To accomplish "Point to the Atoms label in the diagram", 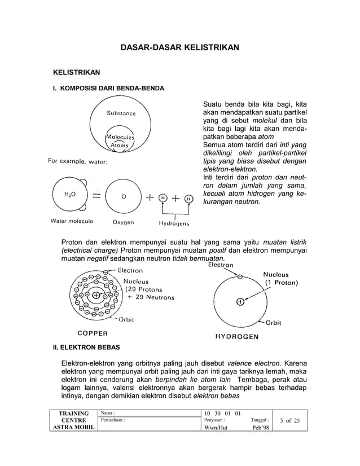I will [x=119, y=146].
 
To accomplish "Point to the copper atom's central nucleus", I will [x=96, y=295].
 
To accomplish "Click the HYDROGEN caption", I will [x=236, y=337].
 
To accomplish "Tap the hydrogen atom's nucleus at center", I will [x=240, y=302].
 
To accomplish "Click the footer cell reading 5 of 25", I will [x=289, y=421].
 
